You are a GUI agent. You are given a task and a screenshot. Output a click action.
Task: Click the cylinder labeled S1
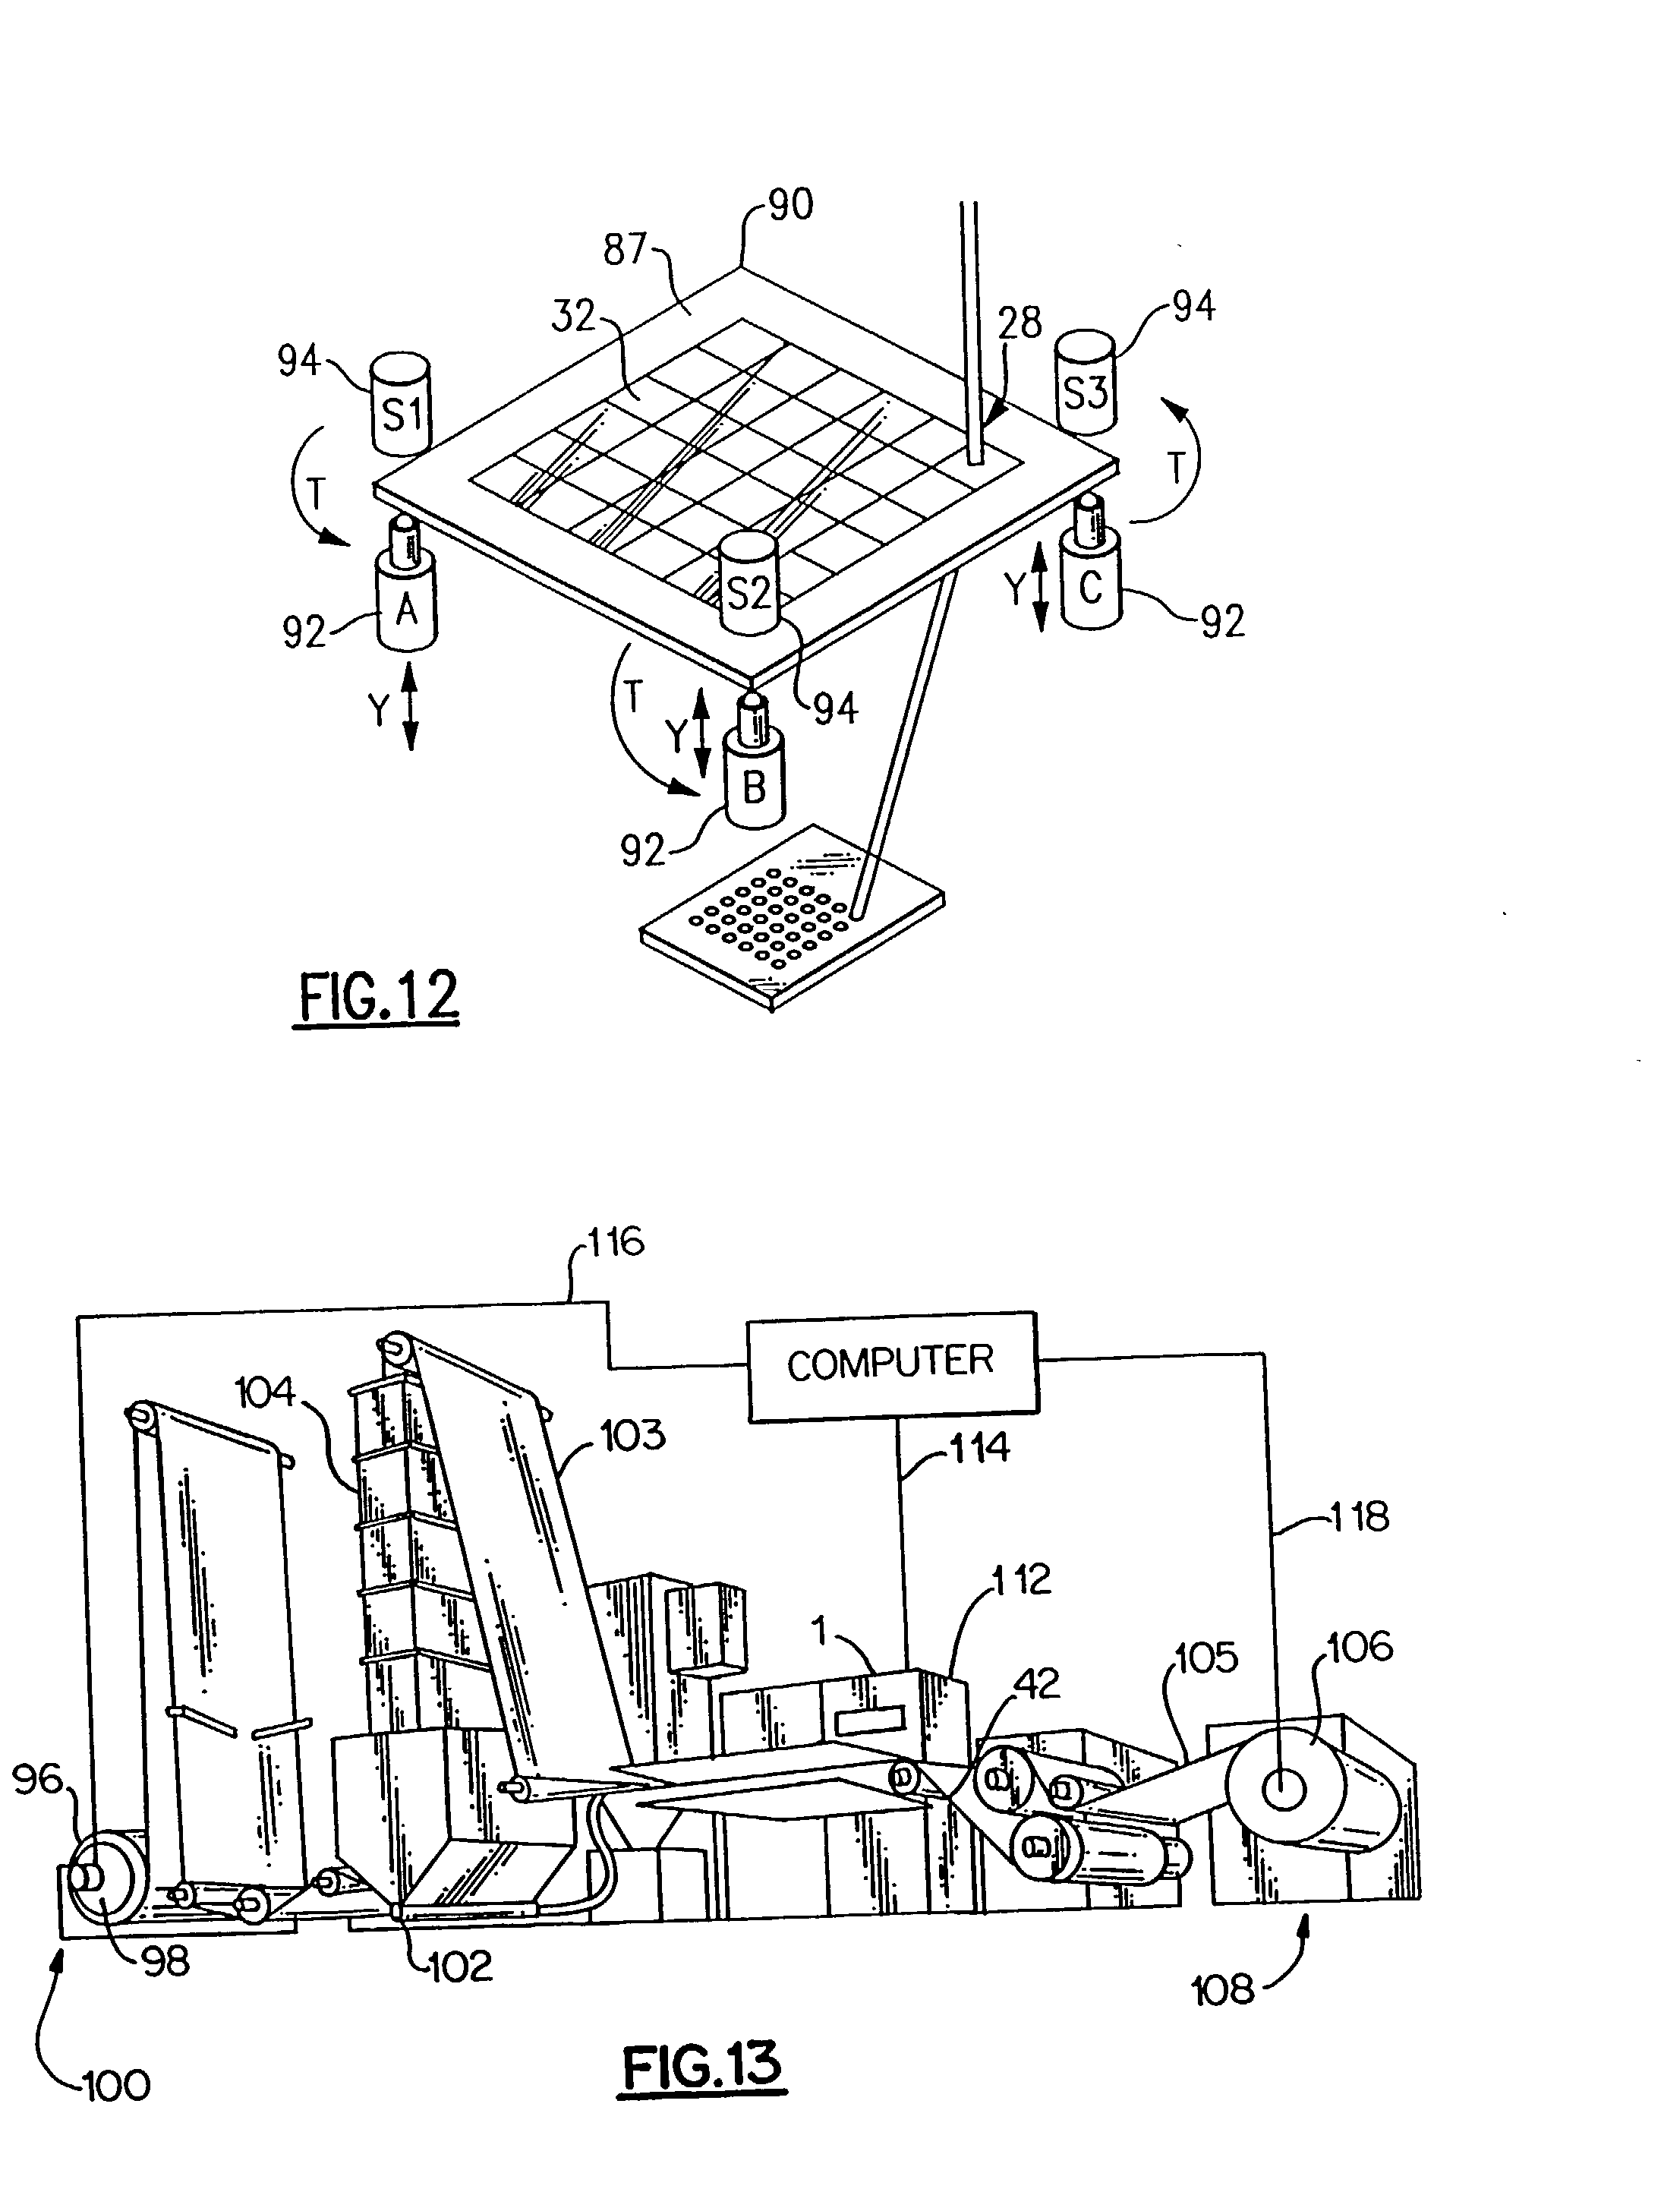(x=400, y=404)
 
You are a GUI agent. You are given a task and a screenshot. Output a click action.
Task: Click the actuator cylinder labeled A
(x=406, y=603)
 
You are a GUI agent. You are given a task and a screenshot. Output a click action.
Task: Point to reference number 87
(x=626, y=249)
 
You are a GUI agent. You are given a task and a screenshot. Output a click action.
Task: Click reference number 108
(x=1223, y=1990)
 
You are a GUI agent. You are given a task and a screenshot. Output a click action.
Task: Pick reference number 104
(x=265, y=1393)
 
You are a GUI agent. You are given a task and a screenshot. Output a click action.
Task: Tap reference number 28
(x=1020, y=323)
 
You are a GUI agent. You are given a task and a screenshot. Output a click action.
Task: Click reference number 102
(x=461, y=1966)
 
